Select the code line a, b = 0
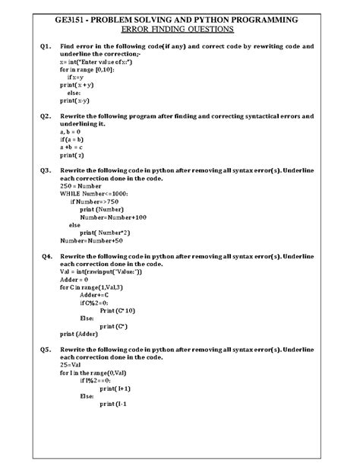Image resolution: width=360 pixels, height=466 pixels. [x=72, y=132]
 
